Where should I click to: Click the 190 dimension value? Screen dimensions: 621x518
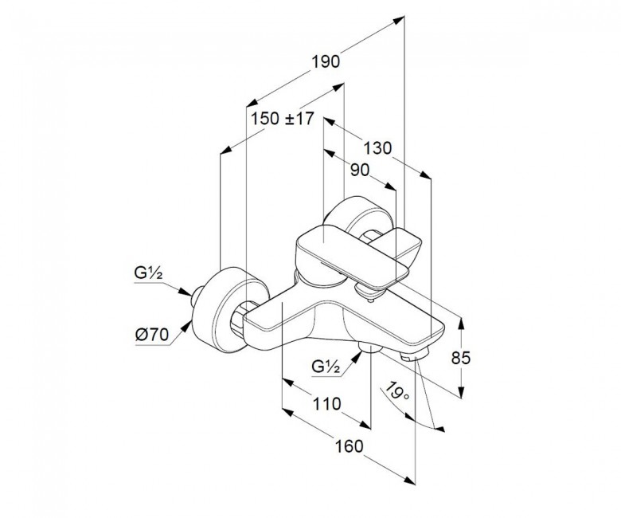(326, 62)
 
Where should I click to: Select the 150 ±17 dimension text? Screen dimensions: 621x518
(283, 118)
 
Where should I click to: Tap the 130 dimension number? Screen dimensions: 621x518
(377, 148)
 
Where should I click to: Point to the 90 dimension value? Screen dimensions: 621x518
(360, 170)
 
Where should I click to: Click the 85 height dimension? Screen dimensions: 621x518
(461, 358)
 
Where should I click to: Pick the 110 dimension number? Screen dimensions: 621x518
(326, 404)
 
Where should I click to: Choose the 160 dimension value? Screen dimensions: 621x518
(349, 446)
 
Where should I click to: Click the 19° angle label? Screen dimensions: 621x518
(397, 390)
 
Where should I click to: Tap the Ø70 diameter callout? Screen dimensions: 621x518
(152, 335)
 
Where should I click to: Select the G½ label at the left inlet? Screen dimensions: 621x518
(149, 273)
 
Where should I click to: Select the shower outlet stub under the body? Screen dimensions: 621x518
(369, 347)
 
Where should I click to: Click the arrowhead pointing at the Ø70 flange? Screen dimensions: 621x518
(186, 327)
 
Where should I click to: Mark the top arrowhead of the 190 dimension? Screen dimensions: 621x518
(399, 20)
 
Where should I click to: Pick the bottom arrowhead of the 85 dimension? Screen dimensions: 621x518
(461, 392)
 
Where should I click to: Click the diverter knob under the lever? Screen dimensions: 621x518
(369, 292)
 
